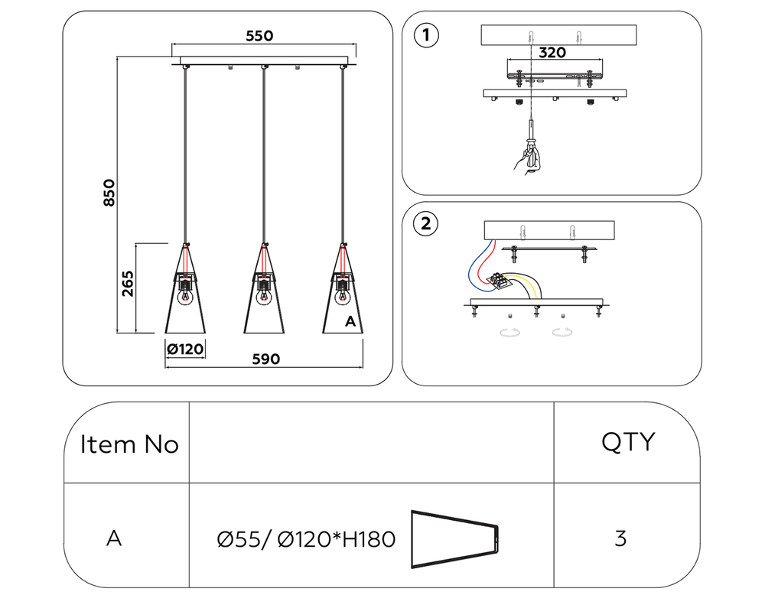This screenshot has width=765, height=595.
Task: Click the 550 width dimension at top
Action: [259, 35]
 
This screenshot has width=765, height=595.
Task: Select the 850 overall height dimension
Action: [109, 193]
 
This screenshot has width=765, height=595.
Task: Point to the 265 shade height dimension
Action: [128, 284]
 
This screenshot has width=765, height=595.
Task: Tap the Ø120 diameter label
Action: [185, 350]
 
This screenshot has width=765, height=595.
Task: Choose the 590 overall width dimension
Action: [262, 359]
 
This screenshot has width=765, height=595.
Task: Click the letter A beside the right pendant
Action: [350, 321]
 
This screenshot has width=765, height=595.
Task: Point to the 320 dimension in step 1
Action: [552, 53]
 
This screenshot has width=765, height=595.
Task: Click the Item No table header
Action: [129, 444]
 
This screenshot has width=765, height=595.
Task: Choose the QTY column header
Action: [627, 441]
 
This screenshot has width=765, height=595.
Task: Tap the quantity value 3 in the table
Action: [620, 538]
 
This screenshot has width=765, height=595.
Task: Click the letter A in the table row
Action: [114, 538]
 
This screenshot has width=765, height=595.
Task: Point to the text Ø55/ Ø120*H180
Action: [307, 540]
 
